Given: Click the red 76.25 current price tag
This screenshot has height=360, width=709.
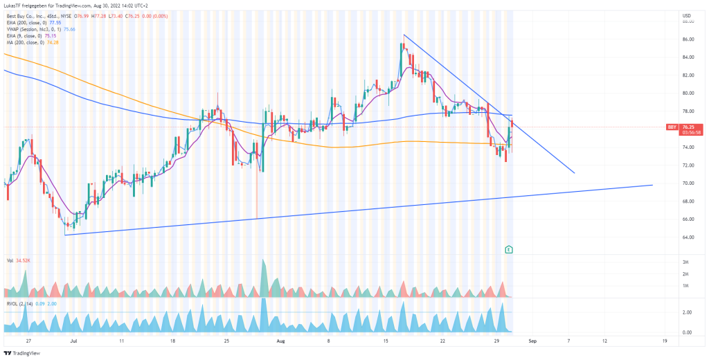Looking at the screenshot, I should (688, 127).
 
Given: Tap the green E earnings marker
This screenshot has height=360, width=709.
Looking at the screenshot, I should (510, 249).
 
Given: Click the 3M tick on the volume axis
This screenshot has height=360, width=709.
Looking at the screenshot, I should (685, 262).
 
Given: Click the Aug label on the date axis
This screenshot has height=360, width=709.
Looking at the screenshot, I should (280, 341).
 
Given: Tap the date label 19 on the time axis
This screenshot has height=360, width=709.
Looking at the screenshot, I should (664, 341).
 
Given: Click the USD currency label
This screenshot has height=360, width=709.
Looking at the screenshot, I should (687, 15).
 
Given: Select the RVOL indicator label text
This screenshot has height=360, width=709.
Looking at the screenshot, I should (12, 303).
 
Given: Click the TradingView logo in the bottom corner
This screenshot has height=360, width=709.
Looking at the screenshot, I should (22, 352).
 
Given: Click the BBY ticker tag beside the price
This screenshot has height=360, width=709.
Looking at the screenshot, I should (672, 127).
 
